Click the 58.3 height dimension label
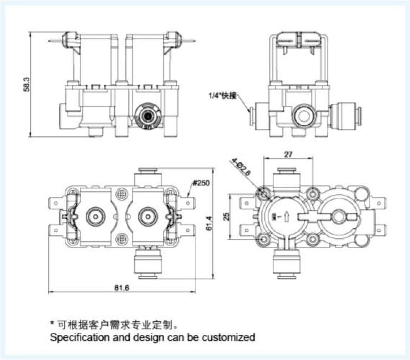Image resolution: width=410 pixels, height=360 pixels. point(26,86)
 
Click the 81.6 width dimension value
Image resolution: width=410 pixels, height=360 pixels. point(122,288)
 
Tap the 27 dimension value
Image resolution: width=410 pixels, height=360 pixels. point(288,154)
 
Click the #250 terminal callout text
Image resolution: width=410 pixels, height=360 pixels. point(201,183)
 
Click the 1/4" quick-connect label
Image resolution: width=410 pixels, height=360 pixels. point(222,95)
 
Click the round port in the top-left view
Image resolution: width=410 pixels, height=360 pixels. point(147,116)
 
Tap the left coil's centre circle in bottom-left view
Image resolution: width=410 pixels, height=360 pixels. point(95,217)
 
